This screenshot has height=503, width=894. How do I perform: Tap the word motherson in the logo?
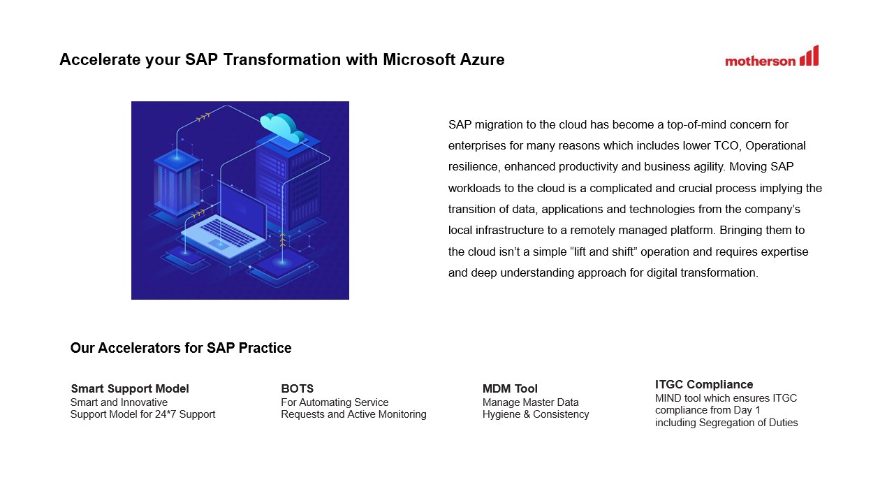pyautogui.click(x=760, y=61)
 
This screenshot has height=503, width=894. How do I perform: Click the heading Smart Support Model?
pyautogui.click(x=130, y=389)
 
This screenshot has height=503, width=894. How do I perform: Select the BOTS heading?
pyautogui.click(x=297, y=389)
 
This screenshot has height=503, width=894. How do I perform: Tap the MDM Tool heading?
pyautogui.click(x=510, y=389)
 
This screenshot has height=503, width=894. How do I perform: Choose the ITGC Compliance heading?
pyautogui.click(x=704, y=385)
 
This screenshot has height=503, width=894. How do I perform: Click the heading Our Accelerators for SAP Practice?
pyautogui.click(x=181, y=348)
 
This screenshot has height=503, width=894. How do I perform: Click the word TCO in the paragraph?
pyautogui.click(x=727, y=146)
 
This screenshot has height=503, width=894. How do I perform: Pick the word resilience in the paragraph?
pyautogui.click(x=473, y=167)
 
